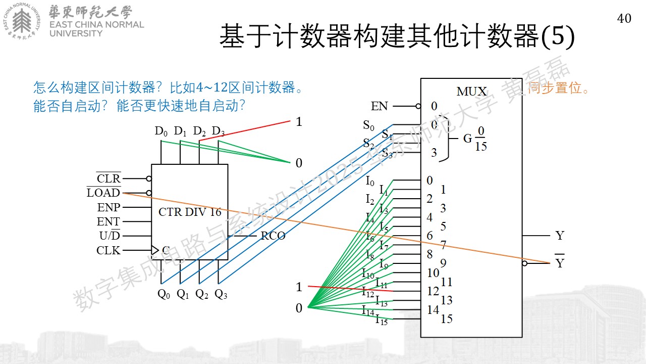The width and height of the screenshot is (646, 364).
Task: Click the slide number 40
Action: click(624, 19)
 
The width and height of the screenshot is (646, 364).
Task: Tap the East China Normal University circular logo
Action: click(22, 21)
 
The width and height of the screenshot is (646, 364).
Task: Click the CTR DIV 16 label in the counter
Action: click(190, 212)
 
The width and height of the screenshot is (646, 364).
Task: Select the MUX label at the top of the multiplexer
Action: click(471, 92)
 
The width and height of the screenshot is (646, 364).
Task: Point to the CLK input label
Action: click(108, 250)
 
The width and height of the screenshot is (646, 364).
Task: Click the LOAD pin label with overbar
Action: click(103, 192)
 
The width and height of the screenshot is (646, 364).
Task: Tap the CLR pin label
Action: click(109, 178)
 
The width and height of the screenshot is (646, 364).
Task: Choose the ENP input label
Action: click(109, 207)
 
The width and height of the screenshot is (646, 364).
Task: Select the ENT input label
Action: click(108, 221)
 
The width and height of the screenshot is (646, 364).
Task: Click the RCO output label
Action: click(273, 236)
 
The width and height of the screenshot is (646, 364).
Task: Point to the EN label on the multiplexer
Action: click(379, 106)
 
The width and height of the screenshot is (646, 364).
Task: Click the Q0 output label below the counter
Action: click(164, 294)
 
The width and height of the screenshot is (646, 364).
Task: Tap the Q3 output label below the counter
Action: click(221, 294)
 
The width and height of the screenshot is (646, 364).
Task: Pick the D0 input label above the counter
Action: click(161, 131)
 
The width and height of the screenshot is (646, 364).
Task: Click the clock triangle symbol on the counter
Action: click(155, 250)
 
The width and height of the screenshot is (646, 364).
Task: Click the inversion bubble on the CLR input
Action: click(149, 178)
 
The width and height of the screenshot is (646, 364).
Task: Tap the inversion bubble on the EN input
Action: click(418, 106)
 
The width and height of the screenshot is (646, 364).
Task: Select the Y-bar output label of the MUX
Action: click(560, 261)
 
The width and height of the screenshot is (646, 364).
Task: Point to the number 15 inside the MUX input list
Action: click(447, 318)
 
